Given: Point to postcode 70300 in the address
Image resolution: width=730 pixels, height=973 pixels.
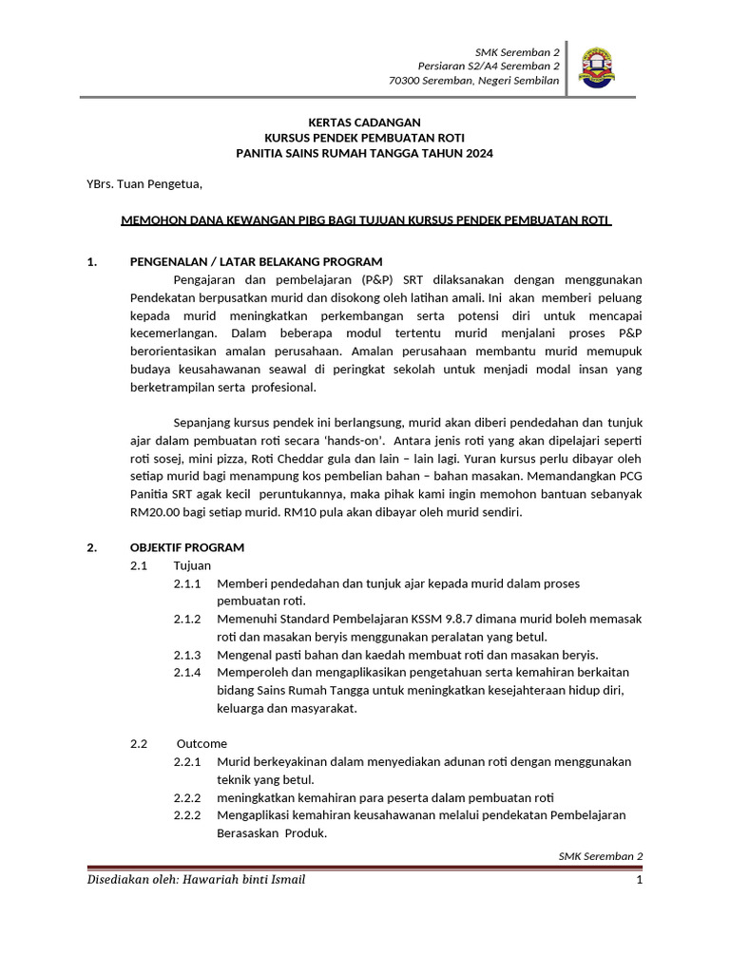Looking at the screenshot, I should [x=407, y=82].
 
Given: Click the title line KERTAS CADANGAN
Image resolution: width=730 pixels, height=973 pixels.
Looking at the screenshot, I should [x=365, y=123].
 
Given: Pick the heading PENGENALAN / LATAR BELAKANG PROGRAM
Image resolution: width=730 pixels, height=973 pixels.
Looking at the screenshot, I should [x=256, y=261].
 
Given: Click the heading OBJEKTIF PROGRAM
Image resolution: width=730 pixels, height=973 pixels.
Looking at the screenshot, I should [x=186, y=547].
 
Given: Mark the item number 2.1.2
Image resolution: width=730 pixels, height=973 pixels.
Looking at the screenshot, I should [x=187, y=619].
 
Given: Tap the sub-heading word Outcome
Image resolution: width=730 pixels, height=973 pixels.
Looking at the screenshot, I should [x=202, y=743].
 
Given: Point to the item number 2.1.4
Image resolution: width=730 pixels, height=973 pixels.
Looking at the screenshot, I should [x=187, y=672].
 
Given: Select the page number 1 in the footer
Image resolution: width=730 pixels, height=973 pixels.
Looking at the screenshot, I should [x=640, y=880].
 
